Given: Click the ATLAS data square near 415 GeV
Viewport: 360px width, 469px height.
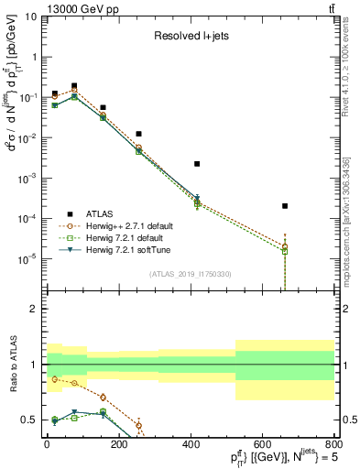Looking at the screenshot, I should (x=197, y=164).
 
